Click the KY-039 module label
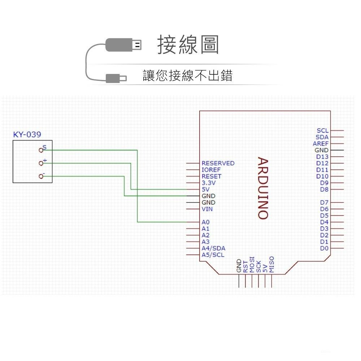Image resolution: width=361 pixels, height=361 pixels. coord(27,135)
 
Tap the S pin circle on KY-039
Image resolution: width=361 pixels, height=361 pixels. coord(41,150)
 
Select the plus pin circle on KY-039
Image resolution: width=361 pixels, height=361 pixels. coord(41,163)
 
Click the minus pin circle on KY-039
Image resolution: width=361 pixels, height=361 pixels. coord(41,176)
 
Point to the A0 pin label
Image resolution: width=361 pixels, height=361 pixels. coord(205,222)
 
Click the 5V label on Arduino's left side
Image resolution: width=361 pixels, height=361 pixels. coord(205,190)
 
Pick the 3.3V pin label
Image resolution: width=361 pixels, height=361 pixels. coord(208,183)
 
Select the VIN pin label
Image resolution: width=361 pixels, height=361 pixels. coord(207,209)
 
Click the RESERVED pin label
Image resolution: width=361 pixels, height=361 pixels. coord(218,163)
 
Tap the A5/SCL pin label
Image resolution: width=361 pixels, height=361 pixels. coord(213,255)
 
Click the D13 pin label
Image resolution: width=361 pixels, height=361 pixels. coord(322,157)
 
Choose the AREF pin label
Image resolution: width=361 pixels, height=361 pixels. coord(321,144)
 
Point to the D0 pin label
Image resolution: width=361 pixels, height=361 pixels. coord(324,248)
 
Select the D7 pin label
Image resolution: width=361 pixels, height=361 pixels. coord(324,203)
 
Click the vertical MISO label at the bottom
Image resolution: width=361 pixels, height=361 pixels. coord(272,264)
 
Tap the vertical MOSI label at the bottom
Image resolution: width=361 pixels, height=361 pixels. coord(252,265)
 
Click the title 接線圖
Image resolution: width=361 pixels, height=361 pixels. coord(188,45)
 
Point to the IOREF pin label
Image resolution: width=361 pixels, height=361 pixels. coord(211,170)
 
